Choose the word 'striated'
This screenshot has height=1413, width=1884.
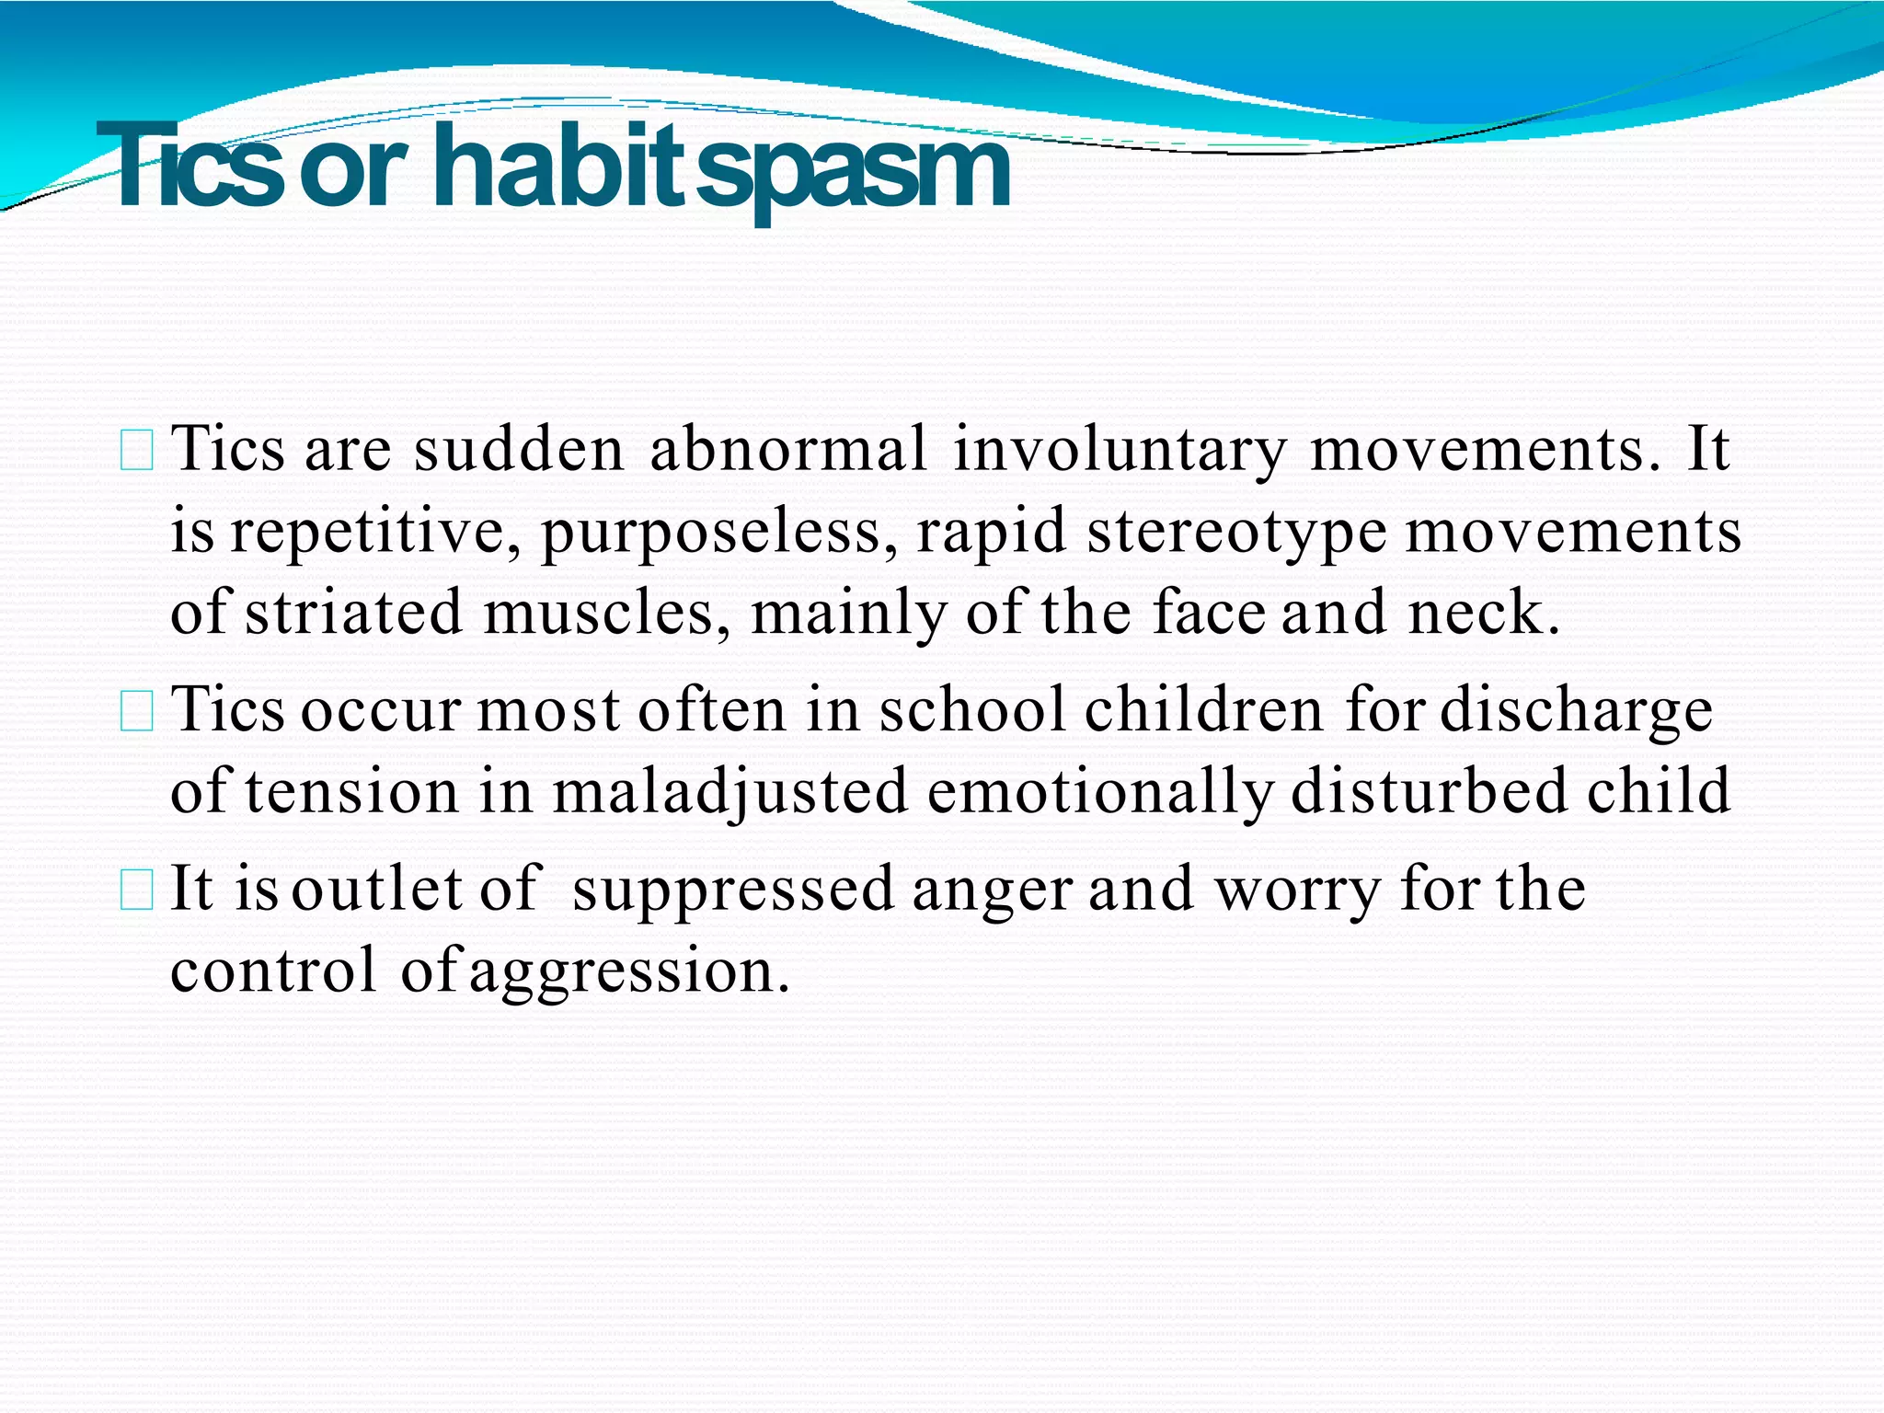tap(353, 613)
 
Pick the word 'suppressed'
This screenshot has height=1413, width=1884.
tap(732, 891)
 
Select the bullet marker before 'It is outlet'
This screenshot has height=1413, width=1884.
tap(137, 891)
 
